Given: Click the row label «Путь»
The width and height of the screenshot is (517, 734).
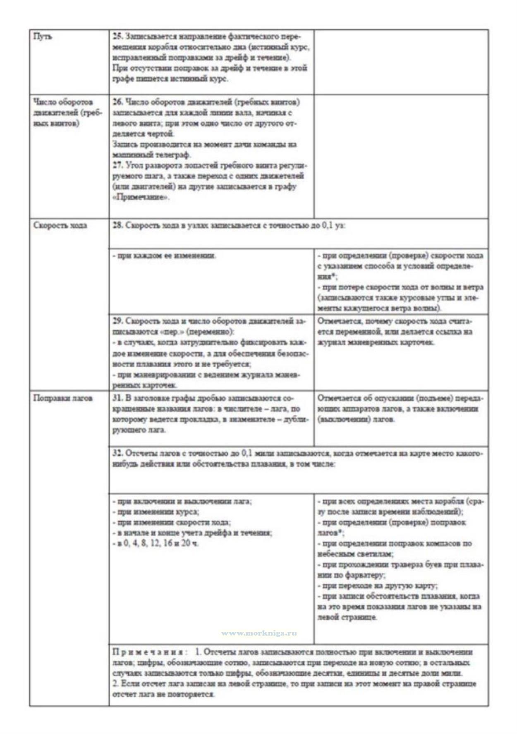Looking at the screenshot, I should tap(43, 37).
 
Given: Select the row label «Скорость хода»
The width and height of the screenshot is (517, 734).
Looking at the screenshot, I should tap(60, 225).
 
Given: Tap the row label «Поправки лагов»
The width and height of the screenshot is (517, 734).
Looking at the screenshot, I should tap(62, 398).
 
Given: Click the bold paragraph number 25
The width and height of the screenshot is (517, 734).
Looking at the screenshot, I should tap(117, 36).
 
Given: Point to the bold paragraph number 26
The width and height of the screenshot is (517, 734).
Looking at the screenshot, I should tap(117, 102).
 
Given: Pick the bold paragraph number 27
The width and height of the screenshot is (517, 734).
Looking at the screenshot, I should tap(117, 165).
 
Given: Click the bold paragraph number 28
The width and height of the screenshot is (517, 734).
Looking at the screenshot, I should tap(117, 225).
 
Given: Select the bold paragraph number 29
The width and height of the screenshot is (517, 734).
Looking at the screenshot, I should tap(117, 321).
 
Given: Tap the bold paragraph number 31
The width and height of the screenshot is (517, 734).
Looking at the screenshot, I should tap(117, 398).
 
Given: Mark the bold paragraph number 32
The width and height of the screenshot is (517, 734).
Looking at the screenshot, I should tap(117, 453).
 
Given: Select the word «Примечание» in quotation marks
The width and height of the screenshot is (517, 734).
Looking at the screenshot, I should tap(141, 197).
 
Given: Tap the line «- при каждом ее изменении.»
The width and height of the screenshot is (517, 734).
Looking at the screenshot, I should tap(164, 256).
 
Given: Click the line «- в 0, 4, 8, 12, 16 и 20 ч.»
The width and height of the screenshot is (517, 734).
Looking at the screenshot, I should tap(156, 543).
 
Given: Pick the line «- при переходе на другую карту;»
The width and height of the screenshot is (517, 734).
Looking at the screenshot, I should tap(378, 586).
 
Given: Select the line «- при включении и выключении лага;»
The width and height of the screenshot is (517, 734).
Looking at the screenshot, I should tap(182, 501).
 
